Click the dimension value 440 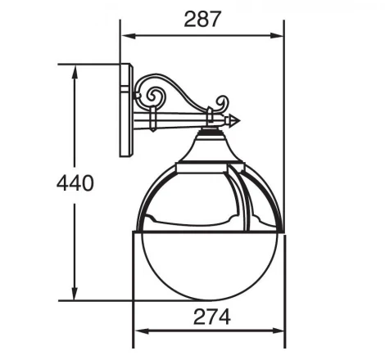coord(75,182)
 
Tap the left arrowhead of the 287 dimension coord(125,36)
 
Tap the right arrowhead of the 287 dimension coord(279,36)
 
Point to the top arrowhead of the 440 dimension coord(75,69)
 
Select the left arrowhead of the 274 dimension coord(138,331)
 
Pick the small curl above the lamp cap coord(220,104)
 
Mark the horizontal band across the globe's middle coord(208,230)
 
